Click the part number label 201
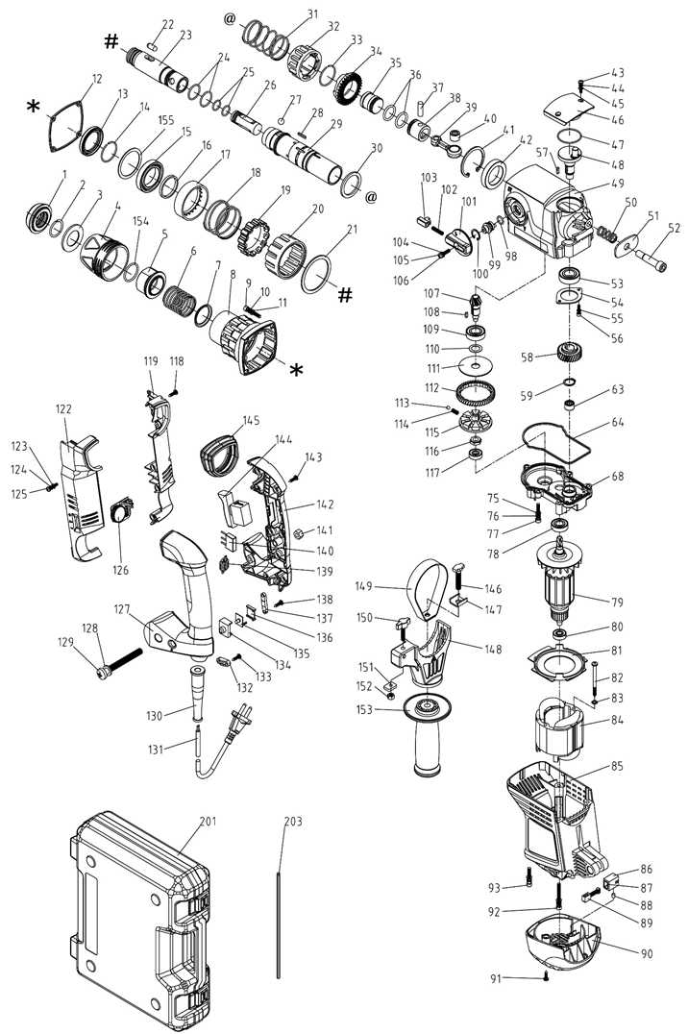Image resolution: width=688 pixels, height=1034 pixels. [209, 821]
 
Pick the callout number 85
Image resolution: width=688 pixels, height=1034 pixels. [617, 766]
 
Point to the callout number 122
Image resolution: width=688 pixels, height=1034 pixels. [63, 408]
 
